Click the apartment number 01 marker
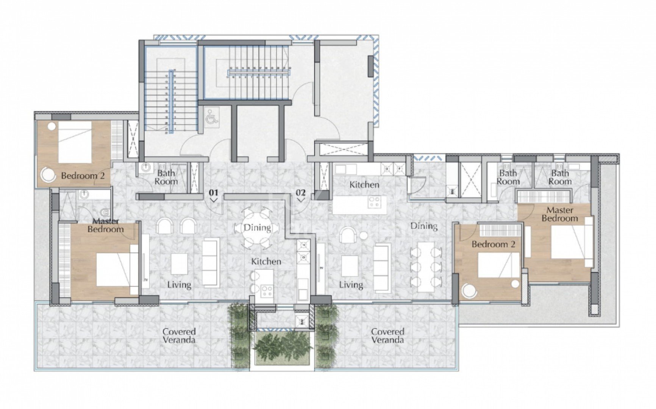214,193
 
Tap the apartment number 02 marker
300,193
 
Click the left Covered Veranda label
179,336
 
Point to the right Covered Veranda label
387,336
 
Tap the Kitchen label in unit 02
364,185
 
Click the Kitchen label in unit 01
266,261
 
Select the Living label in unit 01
179,284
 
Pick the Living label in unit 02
351,284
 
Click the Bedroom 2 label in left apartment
83,176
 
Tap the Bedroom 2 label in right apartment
494,244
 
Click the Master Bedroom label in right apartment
559,214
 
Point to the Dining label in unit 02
424,226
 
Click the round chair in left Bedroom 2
49,174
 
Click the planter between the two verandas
283,347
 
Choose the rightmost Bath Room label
559,177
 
